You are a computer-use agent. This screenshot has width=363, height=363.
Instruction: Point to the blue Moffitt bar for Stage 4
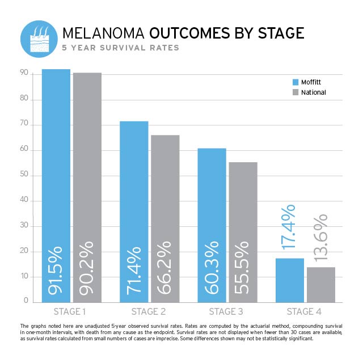pyautogui.click(x=289, y=280)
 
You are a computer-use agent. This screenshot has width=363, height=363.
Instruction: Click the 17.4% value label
pyautogui.click(x=289, y=234)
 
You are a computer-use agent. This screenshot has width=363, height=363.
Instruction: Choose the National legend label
pyautogui.click(x=314, y=92)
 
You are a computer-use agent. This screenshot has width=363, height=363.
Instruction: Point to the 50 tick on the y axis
pyautogui.click(x=25, y=176)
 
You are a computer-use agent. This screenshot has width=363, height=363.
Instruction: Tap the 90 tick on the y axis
pyautogui.click(x=25, y=73)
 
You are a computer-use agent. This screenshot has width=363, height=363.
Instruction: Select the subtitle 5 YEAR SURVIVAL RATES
pyautogui.click(x=121, y=48)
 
